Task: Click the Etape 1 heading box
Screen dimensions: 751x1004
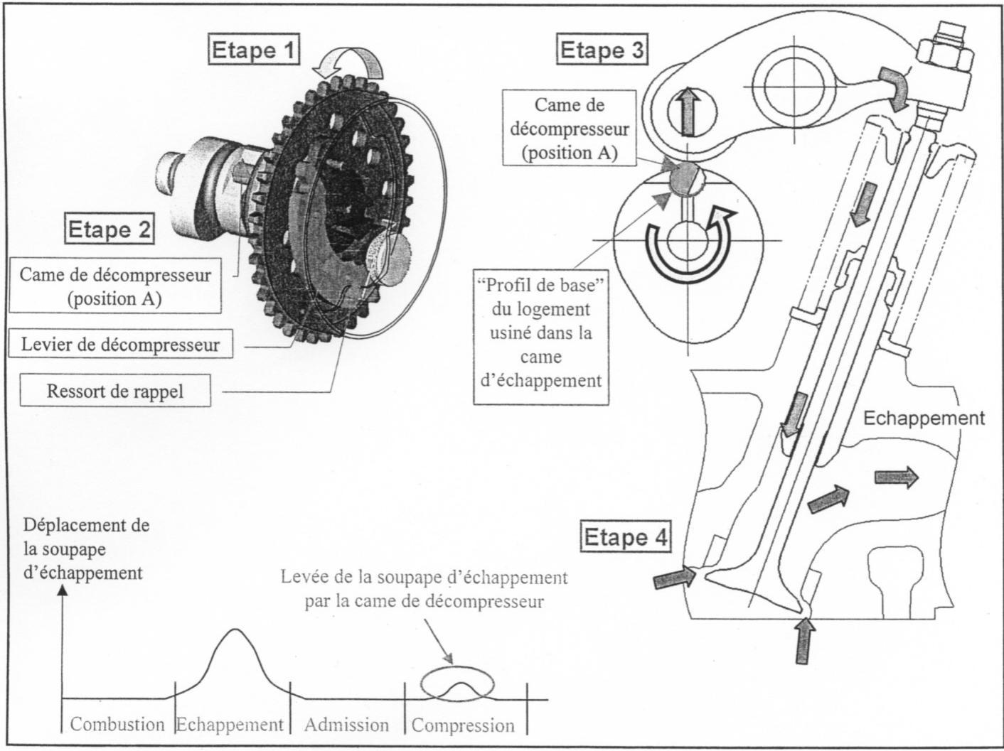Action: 254,50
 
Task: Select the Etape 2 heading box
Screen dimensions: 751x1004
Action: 110,229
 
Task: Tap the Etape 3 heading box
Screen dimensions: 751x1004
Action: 602,50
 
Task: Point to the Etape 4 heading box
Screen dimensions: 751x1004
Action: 626,537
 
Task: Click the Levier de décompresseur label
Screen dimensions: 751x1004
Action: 120,345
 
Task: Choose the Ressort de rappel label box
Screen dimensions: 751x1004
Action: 115,391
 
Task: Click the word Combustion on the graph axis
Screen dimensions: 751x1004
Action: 117,725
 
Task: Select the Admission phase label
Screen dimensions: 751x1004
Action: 346,725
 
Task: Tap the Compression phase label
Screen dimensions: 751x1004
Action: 463,725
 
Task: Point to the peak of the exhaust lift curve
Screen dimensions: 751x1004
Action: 235,630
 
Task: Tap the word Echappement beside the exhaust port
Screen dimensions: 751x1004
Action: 924,418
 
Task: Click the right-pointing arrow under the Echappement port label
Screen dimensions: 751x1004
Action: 895,479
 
